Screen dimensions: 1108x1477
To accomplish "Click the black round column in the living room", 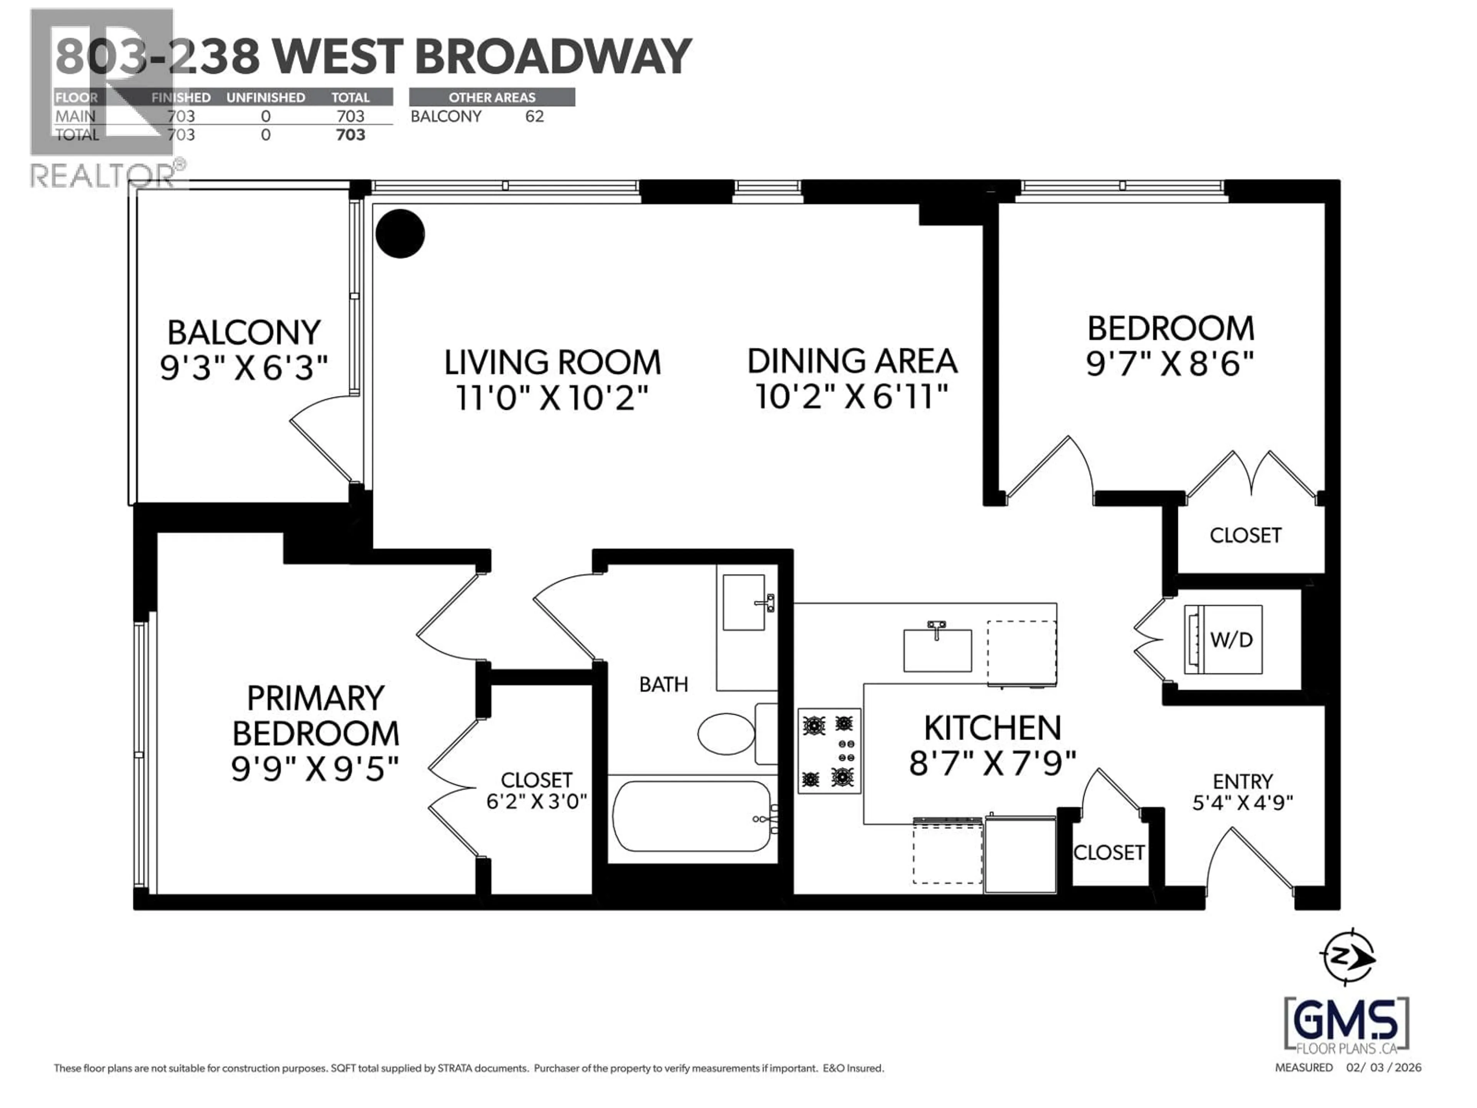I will (x=400, y=234).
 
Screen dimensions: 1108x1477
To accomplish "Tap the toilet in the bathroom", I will (x=727, y=733).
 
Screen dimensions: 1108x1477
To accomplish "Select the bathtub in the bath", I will (x=692, y=816).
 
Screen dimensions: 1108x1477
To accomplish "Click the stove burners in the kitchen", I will (x=829, y=751).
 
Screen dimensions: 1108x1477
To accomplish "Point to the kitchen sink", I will (x=937, y=649).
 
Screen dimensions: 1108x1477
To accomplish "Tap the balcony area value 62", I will (x=534, y=116).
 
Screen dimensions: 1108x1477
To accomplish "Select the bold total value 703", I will (x=350, y=135).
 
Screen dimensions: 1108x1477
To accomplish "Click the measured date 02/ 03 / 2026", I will (x=1384, y=1067).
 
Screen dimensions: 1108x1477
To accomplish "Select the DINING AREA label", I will (x=852, y=361).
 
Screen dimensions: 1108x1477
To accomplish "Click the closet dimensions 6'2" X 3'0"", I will (x=536, y=801).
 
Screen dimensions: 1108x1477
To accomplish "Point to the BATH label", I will (x=663, y=684).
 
